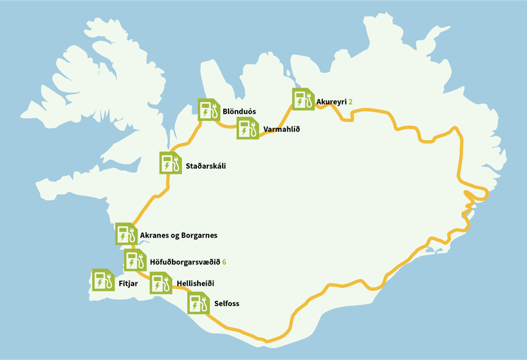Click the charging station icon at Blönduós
pos(208,109)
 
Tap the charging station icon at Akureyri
pos(303,99)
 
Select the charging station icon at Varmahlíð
pos(247,128)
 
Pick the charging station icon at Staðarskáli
pos(170,163)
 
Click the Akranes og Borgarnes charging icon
pos(125,234)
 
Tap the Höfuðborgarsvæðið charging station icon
pos(134,261)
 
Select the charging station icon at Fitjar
pos(102,280)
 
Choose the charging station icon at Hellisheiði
pos(160,283)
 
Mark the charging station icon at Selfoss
pos(198,303)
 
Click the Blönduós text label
pos(239,111)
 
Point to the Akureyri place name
pos(331,102)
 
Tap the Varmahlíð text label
pos(281,130)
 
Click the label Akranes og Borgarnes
pos(179,235)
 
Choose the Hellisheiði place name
pos(196,283)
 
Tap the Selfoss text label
pos(227,304)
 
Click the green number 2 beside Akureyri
pos(351,102)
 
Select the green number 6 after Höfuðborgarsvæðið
pos(225,262)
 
